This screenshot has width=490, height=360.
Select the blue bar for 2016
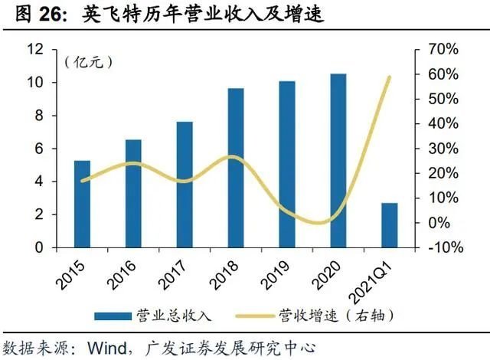[133, 193]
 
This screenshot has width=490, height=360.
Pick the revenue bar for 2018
[236, 168]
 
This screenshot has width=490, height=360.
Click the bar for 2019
[287, 164]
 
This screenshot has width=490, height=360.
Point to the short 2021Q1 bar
[390, 225]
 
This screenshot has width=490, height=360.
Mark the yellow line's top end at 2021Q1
[390, 77]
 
